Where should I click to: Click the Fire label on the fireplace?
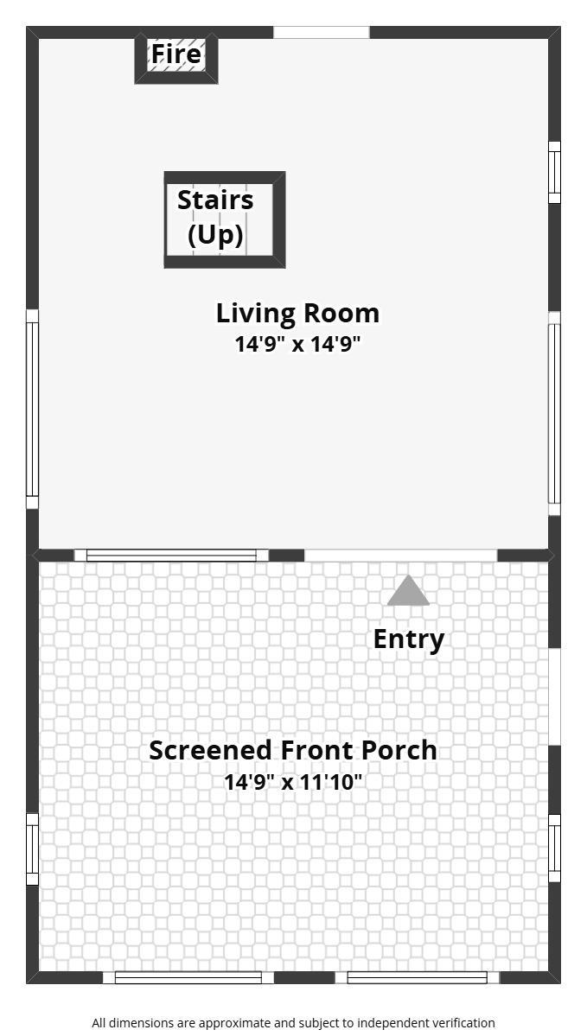pyautogui.click(x=175, y=54)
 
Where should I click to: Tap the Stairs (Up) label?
pyautogui.click(x=215, y=217)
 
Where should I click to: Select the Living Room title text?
pyautogui.click(x=298, y=313)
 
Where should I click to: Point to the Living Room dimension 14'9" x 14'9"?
pyautogui.click(x=298, y=344)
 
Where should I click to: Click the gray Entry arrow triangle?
pyautogui.click(x=409, y=591)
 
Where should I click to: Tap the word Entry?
pyautogui.click(x=409, y=639)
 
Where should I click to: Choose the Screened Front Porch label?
pyautogui.click(x=293, y=751)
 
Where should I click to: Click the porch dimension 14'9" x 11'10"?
pyautogui.click(x=293, y=782)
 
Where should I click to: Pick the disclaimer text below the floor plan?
pyautogui.click(x=294, y=1023)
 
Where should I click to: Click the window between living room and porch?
pyautogui.click(x=171, y=556)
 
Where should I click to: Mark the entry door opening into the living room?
pyautogui.click(x=400, y=556)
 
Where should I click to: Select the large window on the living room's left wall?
pyautogui.click(x=32, y=409)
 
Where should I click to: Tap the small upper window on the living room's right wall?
pyautogui.click(x=555, y=173)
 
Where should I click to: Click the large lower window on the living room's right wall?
pyautogui.click(x=555, y=414)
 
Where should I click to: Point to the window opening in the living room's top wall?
pyautogui.click(x=322, y=32)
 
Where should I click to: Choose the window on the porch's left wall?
pyautogui.click(x=32, y=849)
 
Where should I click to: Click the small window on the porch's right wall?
pyautogui.click(x=555, y=849)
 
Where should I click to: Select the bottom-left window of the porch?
pyautogui.click(x=188, y=977)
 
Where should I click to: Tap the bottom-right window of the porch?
pyautogui.click(x=417, y=977)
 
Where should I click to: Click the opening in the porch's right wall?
pyautogui.click(x=555, y=697)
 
